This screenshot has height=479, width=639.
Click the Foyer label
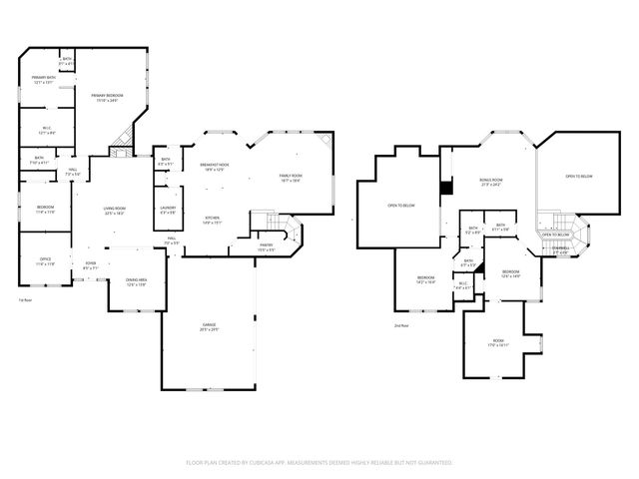point(90,265)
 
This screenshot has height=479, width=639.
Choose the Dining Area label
point(136,281)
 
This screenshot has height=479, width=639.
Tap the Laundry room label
point(168,210)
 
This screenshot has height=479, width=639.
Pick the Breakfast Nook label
point(214,167)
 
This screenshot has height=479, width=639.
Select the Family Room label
point(290,178)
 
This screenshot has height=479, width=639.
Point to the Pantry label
point(267,246)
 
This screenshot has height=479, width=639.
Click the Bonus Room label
point(489,183)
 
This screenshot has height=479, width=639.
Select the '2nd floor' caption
point(401,325)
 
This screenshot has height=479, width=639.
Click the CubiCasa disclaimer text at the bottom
point(319,462)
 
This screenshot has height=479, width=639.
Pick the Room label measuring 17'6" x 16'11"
point(499,343)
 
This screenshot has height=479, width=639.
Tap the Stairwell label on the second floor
point(562,249)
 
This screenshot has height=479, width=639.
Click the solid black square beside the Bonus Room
point(445,186)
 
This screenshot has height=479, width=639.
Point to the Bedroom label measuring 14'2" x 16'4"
point(426,279)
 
